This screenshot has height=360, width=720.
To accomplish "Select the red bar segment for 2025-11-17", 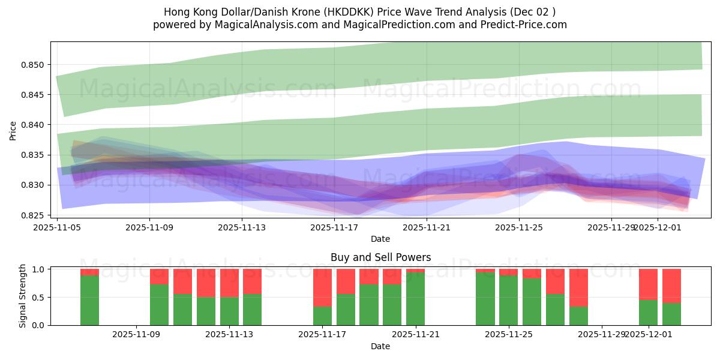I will click(322, 287).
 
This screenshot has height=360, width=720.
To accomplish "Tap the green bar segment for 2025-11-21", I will click(415, 299).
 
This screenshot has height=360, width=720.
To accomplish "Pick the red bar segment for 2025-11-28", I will click(578, 287).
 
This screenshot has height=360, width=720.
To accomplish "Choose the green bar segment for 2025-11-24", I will click(485, 299).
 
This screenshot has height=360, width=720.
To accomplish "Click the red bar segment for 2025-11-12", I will click(206, 283).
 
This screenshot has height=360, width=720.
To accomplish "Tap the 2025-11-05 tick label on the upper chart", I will click(57, 227).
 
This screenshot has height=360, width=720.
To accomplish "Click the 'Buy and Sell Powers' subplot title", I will click(380, 258).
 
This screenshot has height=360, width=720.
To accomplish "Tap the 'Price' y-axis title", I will click(13, 130).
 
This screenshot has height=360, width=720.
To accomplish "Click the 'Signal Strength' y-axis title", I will click(23, 296).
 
